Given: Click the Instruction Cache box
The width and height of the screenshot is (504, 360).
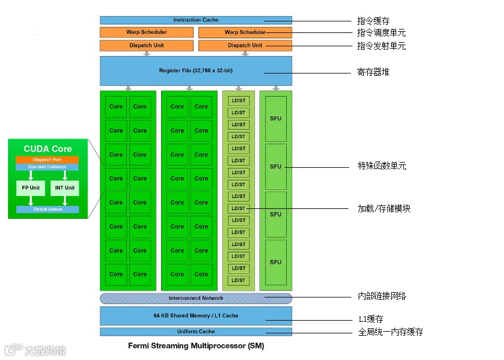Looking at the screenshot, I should tap(195, 20).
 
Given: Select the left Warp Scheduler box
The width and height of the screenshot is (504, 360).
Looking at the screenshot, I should tap(146, 32).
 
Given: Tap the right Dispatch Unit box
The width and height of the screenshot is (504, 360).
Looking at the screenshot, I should tap(244, 45).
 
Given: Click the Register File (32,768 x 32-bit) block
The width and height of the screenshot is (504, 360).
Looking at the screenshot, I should tap(195, 71).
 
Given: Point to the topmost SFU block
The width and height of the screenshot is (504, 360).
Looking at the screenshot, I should tap(276, 119).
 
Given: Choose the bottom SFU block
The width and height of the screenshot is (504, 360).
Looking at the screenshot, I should tap(276, 262).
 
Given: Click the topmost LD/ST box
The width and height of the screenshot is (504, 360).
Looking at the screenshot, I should tap(238, 101).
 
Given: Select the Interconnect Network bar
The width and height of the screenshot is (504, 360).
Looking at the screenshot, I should tap(195, 298).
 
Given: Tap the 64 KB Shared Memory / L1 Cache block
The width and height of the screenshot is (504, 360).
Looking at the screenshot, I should tap(195, 315).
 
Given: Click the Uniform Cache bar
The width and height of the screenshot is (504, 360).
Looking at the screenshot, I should tap(195, 332).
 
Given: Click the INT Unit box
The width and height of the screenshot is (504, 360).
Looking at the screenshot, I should tap(65, 188).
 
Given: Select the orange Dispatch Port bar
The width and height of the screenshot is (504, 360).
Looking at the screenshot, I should tap(47, 160).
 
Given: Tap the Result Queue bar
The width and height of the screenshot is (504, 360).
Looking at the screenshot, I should tap(47, 209).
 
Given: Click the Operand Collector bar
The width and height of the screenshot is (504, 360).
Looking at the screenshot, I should tap(47, 167).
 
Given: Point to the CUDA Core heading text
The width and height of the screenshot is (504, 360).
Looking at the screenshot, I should tap(48, 149).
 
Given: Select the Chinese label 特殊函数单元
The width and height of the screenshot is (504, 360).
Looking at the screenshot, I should tap(382, 166).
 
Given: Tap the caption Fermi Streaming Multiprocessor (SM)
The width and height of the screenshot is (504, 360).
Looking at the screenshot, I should tap(195, 346).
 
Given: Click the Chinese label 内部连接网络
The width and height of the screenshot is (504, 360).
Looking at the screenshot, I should tap(382, 296).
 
